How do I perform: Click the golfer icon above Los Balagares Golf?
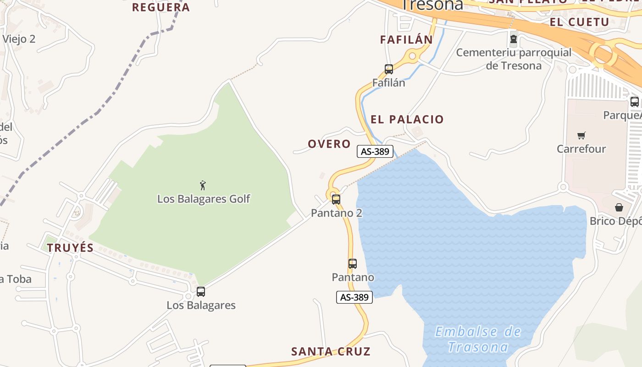tap(203, 185)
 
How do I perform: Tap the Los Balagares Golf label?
tap(204, 199)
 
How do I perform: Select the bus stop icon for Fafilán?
tap(389, 69)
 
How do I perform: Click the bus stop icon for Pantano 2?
tap(336, 200)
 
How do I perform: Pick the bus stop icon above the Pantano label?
tap(352, 264)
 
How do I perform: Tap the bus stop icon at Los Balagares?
tap(201, 292)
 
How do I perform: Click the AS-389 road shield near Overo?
tap(375, 151)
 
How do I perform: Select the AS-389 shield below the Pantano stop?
tap(354, 297)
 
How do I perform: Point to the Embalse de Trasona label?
tap(478, 339)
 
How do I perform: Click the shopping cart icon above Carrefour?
tap(581, 135)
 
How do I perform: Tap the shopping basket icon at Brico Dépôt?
tap(619, 207)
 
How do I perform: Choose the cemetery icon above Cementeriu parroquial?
tap(514, 39)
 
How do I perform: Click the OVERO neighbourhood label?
tap(329, 144)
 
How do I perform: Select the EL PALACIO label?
tap(407, 120)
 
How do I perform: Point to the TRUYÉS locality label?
tap(70, 248)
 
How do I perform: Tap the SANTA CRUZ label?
tap(331, 352)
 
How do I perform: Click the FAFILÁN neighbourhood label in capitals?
tap(406, 40)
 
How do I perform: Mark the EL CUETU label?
tap(579, 22)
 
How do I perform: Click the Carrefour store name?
tap(581, 149)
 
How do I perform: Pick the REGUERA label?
tap(160, 7)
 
